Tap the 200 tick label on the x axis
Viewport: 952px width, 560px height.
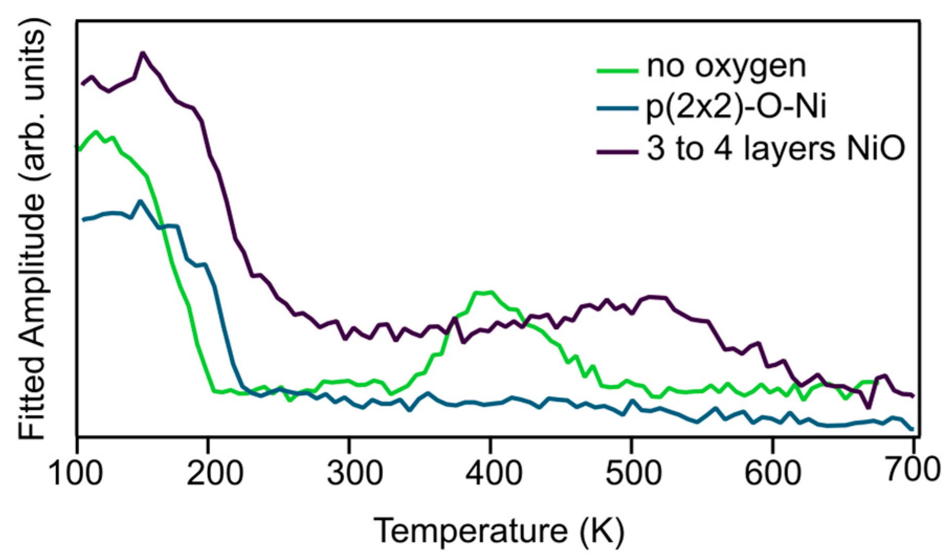[x=215, y=473]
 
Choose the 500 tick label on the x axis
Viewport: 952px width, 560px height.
[x=634, y=473]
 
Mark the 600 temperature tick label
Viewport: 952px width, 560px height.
[x=773, y=473]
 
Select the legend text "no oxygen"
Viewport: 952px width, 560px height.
[x=726, y=67]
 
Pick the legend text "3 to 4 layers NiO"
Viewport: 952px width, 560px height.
[x=776, y=149]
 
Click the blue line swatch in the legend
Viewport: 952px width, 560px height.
[x=618, y=109]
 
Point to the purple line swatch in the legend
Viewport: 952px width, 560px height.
[x=618, y=152]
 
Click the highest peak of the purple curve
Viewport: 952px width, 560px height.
[x=142, y=53]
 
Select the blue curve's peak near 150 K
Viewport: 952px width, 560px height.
[x=140, y=201]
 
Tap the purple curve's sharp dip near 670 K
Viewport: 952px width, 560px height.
[x=869, y=407]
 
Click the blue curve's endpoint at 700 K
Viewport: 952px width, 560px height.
[x=912, y=429]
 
